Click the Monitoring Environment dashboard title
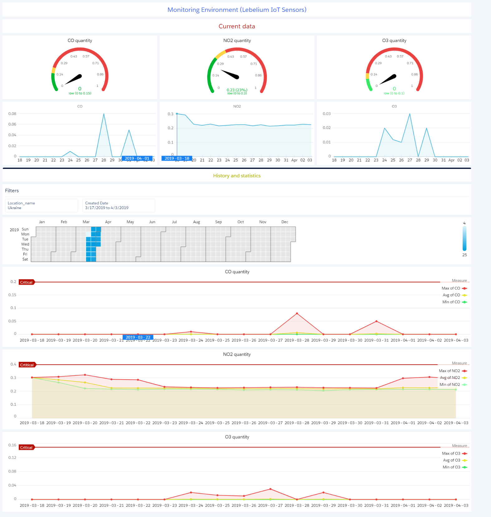(237, 10)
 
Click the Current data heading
(237, 26)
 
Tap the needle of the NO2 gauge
(230, 74)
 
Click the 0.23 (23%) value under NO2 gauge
(237, 90)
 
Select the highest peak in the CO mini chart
(104, 114)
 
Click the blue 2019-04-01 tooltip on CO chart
(137, 158)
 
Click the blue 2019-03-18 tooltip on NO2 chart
(177, 158)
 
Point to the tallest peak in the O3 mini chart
(410, 114)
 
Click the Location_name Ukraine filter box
(41, 205)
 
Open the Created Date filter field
(119, 205)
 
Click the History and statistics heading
(237, 176)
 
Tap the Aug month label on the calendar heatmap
(197, 222)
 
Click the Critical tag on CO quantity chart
(26, 282)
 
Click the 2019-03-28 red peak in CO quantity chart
(297, 313)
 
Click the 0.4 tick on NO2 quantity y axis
(13, 364)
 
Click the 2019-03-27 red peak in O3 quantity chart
(270, 489)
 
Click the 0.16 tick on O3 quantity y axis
(12, 445)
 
